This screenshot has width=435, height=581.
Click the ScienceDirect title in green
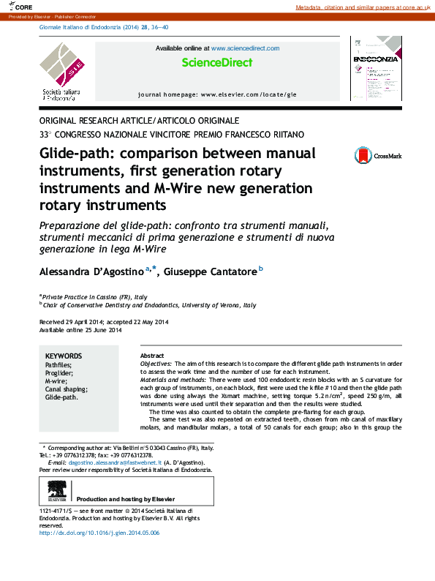217,63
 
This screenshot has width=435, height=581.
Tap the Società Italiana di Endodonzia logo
61,71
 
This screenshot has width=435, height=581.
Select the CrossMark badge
377,155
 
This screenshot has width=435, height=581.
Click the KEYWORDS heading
63,356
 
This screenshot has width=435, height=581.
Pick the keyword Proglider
61,372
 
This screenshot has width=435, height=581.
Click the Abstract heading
151,355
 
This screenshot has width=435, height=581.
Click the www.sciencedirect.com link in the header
246,48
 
